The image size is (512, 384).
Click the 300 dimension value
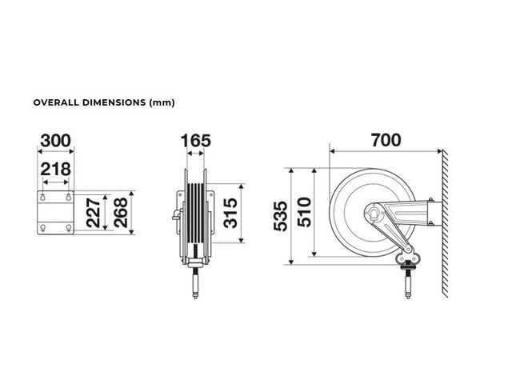(55, 141)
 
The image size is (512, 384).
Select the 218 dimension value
(55, 169)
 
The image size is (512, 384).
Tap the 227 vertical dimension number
(94, 213)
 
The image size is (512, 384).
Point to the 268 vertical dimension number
(121, 213)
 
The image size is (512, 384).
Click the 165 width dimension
(196, 141)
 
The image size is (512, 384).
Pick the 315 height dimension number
(231, 213)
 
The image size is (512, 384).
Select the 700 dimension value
(386, 140)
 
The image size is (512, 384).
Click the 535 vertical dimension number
(281, 216)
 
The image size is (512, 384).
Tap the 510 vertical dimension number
(305, 212)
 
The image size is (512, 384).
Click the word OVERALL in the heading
(56, 102)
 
